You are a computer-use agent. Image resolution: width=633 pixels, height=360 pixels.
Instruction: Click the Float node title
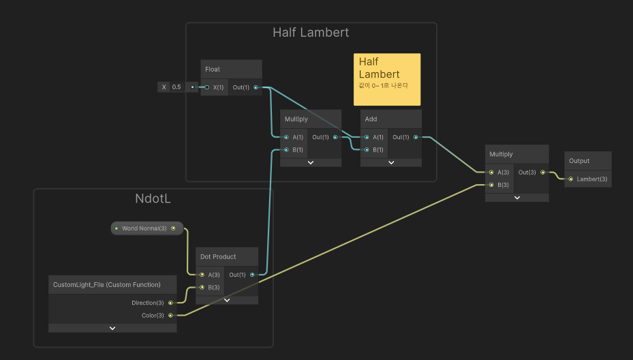[x=213, y=70]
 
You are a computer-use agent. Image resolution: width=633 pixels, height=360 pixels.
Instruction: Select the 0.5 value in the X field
[x=176, y=87]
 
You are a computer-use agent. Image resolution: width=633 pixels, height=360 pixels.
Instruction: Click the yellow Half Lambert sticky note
[x=386, y=79]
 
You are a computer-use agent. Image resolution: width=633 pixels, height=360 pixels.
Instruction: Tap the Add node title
[x=371, y=119]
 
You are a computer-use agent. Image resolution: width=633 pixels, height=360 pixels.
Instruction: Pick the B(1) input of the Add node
[x=367, y=149]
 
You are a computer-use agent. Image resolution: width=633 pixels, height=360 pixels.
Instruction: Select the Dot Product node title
[x=218, y=257]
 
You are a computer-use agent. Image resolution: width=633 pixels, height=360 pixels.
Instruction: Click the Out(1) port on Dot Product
[x=252, y=275]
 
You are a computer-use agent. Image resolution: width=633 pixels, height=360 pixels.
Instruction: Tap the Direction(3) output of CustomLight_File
[x=170, y=303]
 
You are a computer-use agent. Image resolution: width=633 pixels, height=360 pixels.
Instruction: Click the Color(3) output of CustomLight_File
[x=170, y=315]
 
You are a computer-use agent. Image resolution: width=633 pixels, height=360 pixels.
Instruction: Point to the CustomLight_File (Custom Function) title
[x=106, y=284]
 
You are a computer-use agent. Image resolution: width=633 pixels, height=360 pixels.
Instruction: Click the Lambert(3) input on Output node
[x=571, y=179]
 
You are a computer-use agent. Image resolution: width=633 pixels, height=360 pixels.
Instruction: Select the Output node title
[x=579, y=161]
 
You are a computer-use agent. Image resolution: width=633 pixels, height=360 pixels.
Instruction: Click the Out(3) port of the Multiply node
[x=542, y=172]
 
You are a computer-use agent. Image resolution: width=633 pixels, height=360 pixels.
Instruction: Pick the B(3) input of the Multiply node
[x=491, y=185]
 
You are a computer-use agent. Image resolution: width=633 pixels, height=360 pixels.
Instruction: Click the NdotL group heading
[x=153, y=199]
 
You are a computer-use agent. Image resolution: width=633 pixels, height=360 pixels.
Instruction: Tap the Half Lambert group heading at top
[x=311, y=33]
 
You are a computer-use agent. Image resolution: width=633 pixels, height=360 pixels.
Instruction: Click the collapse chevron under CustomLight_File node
[x=112, y=328]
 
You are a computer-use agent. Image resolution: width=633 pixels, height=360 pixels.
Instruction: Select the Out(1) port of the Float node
[x=256, y=87]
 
